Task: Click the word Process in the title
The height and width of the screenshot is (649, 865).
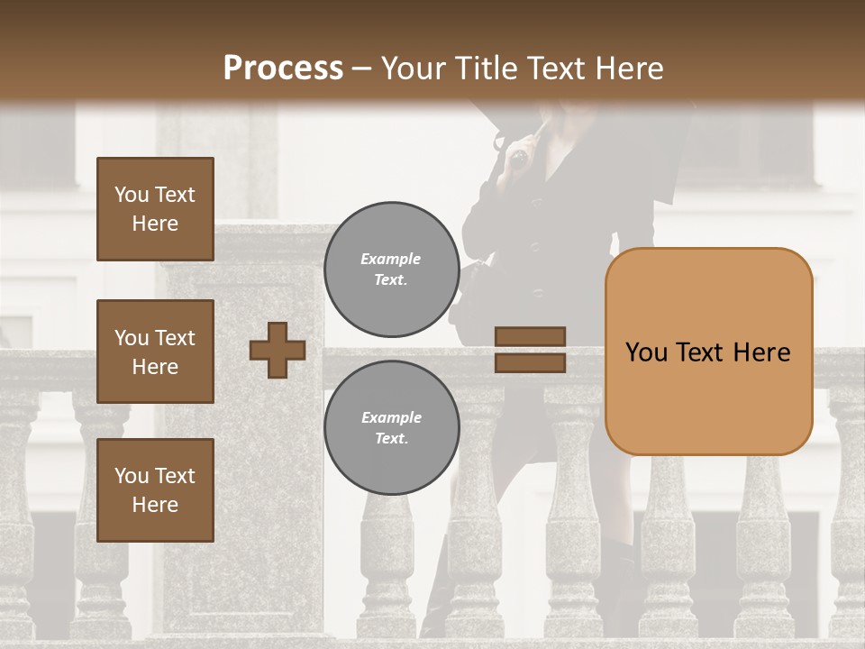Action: click(x=283, y=69)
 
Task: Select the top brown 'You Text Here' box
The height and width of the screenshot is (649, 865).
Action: click(x=155, y=209)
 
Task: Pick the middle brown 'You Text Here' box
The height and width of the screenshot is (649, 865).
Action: click(x=155, y=352)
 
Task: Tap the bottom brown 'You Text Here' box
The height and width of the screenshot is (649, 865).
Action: click(x=155, y=490)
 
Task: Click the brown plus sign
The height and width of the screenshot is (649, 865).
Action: click(x=278, y=350)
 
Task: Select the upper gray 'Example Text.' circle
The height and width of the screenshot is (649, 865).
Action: click(x=391, y=269)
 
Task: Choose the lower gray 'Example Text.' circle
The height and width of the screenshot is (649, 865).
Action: click(x=391, y=428)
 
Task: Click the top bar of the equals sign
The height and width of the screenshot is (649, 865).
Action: click(x=530, y=336)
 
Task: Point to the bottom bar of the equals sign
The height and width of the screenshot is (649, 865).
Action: click(x=530, y=362)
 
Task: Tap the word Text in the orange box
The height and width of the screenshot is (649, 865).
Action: click(x=700, y=352)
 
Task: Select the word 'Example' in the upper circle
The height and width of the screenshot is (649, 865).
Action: click(x=391, y=259)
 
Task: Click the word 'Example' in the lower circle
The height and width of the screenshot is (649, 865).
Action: click(x=391, y=417)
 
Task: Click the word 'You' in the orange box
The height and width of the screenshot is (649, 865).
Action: click(x=646, y=352)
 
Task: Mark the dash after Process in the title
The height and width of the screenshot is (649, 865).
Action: click(x=362, y=69)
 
